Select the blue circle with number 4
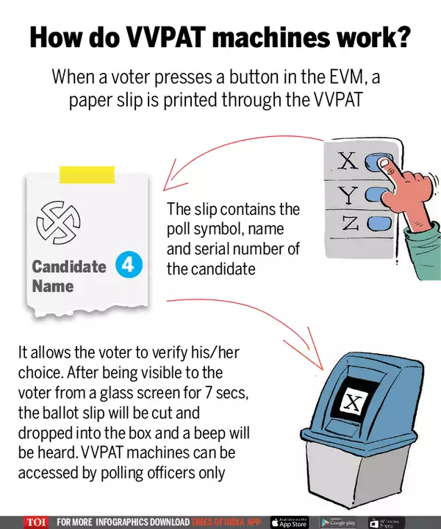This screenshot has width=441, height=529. click(129, 266)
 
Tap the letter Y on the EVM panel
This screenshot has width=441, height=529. click(348, 194)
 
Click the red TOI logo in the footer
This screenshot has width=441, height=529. click(35, 522)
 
